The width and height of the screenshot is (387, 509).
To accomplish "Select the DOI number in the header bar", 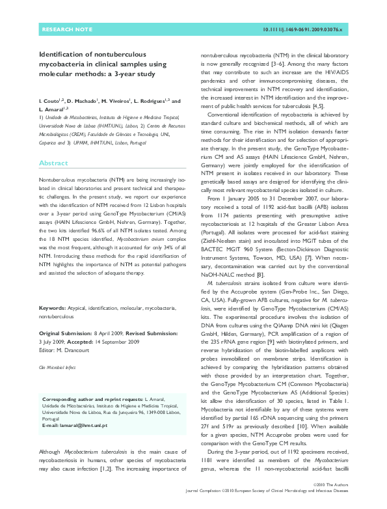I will coord(306,30).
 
